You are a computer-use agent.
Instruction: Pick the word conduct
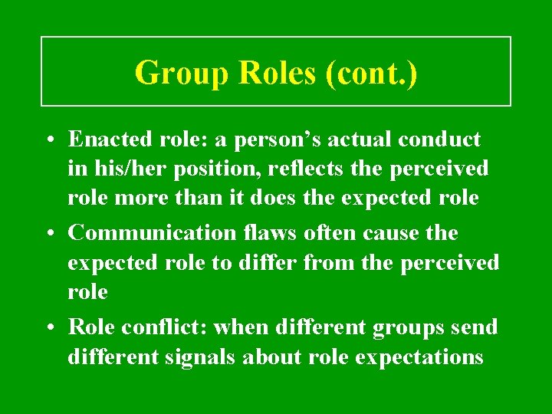(440, 140)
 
